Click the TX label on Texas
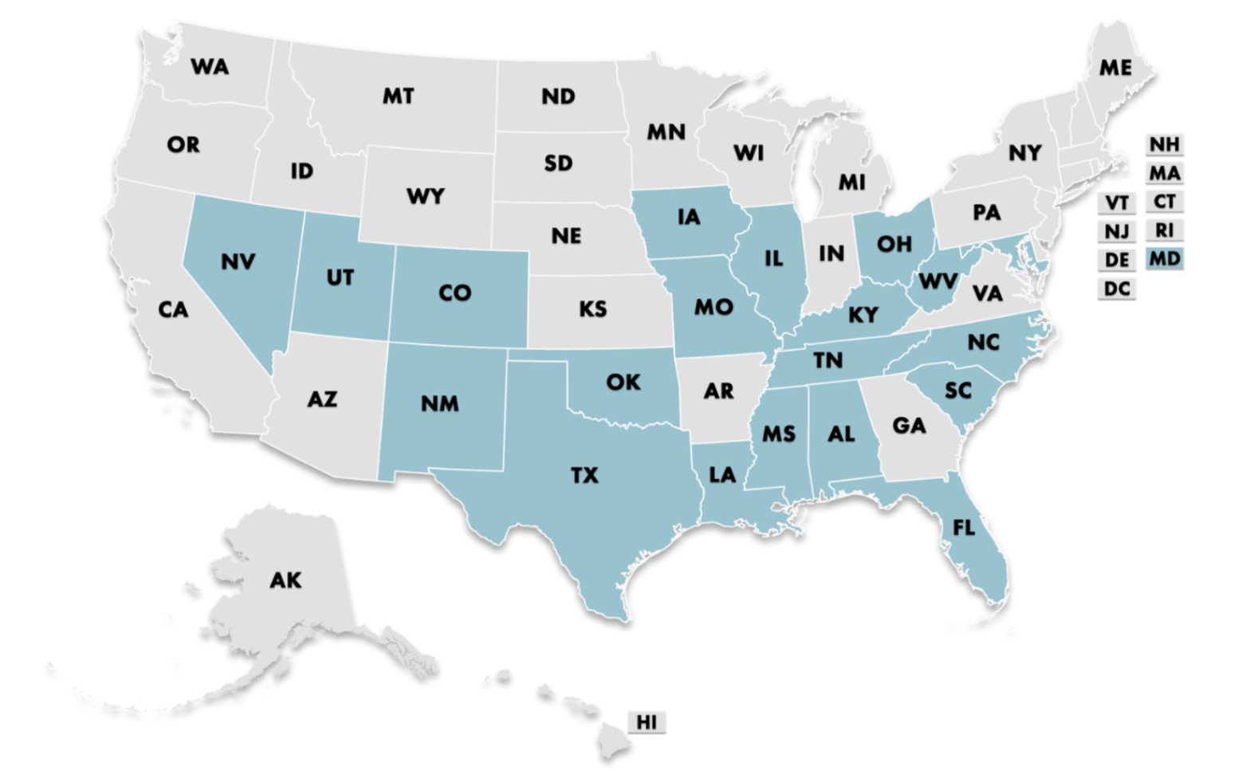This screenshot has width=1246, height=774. (x=584, y=476)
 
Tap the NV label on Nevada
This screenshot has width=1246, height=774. (x=238, y=261)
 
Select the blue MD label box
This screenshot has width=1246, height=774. (x=1165, y=258)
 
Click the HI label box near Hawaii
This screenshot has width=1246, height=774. (x=646, y=722)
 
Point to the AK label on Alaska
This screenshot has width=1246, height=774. (x=285, y=580)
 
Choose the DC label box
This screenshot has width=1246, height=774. (x=1118, y=288)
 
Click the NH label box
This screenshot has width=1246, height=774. (x=1165, y=144)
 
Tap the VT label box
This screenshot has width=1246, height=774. (x=1118, y=202)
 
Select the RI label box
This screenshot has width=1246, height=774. (x=1165, y=230)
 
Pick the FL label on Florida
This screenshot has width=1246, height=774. (x=964, y=528)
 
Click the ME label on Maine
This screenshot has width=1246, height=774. (x=1115, y=69)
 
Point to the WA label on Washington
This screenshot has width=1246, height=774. (x=210, y=67)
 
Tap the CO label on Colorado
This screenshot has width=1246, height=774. (x=454, y=293)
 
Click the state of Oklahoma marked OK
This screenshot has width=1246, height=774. (x=623, y=383)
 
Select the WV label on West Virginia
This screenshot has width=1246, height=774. (x=937, y=281)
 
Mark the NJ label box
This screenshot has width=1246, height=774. (x=1118, y=231)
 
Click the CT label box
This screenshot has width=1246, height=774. (x=1165, y=202)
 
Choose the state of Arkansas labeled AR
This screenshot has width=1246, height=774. (x=718, y=391)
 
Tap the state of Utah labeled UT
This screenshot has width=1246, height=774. (x=340, y=277)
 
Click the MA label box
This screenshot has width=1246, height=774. (x=1165, y=173)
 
